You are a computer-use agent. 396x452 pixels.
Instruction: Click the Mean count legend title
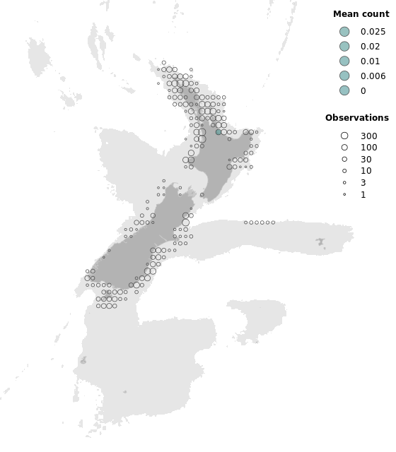361,14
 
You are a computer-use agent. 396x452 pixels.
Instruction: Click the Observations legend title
356,118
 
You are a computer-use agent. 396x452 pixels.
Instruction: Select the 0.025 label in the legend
373,32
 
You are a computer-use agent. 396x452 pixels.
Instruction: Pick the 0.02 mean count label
370,47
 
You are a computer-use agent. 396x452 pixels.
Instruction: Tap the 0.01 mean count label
370,61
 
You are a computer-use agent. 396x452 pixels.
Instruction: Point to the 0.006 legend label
373,76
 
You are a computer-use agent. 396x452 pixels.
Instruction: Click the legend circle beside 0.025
344,32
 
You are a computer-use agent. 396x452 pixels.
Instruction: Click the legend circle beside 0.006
344,76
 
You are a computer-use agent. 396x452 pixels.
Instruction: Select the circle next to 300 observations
344,136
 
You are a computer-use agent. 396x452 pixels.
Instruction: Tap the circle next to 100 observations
344,148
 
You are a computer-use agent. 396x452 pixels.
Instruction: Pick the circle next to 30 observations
344,160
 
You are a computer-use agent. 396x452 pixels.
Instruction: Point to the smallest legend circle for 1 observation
344,194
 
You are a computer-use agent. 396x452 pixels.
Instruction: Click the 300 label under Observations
368,136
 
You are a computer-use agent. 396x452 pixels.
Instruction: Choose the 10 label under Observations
366,171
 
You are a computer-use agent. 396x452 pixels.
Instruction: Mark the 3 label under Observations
363,183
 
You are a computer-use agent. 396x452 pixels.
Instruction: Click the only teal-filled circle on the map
219,132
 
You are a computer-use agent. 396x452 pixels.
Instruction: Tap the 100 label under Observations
368,148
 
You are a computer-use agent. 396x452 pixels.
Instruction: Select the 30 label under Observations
366,160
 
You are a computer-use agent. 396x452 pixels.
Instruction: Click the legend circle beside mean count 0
344,90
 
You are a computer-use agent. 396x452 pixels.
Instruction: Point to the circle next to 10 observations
344,171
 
